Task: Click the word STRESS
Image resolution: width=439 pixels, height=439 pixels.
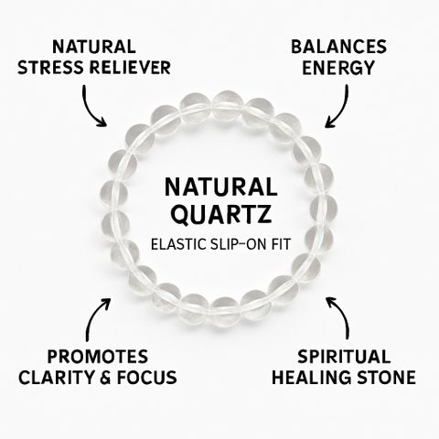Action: click(51, 68)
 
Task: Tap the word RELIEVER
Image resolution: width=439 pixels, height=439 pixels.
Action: click(130, 68)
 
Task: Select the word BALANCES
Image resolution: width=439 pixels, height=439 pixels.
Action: click(338, 48)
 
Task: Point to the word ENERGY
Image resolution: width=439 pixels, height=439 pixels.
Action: click(338, 68)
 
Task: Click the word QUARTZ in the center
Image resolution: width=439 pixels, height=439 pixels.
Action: click(221, 214)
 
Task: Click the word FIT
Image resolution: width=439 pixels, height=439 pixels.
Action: click(280, 244)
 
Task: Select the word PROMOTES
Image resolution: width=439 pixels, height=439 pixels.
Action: click(98, 357)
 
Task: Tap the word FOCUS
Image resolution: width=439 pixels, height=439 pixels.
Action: click(147, 378)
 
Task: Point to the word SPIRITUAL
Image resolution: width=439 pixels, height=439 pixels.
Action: click(344, 357)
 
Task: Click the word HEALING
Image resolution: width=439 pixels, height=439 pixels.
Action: click(312, 378)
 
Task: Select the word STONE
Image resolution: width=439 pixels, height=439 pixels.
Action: click(386, 378)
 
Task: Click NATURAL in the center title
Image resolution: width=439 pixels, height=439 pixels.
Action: click(221, 187)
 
